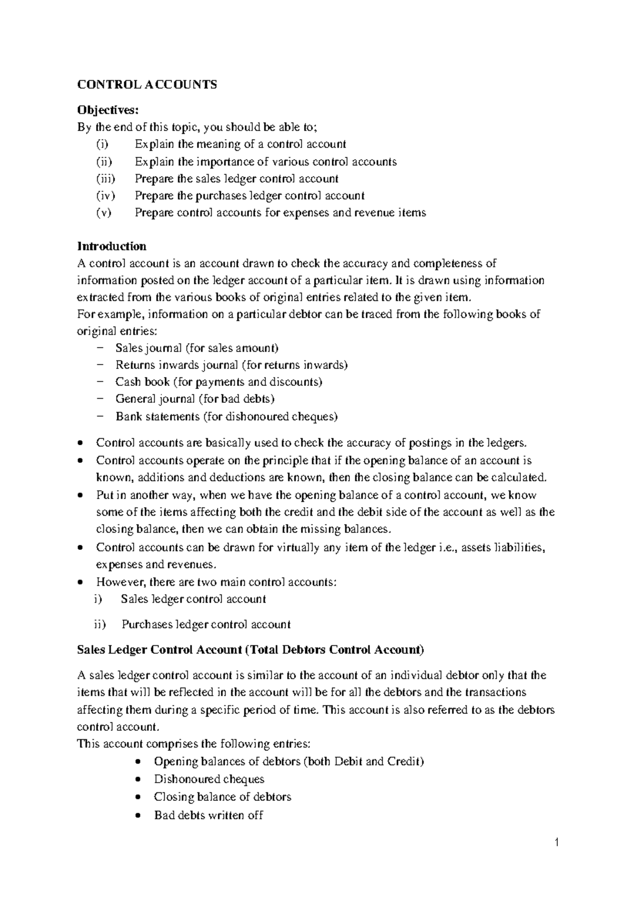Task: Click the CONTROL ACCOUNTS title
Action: click(147, 85)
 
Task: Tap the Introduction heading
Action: click(112, 246)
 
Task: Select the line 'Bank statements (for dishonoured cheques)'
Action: click(226, 417)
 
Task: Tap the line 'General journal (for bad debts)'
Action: click(195, 399)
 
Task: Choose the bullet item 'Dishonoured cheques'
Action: click(209, 779)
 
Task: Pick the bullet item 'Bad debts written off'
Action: click(208, 815)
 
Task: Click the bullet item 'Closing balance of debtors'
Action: click(222, 797)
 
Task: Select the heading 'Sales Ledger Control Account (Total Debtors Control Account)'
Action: click(251, 650)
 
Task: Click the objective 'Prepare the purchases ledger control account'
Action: click(249, 196)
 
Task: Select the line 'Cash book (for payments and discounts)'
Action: click(219, 382)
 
